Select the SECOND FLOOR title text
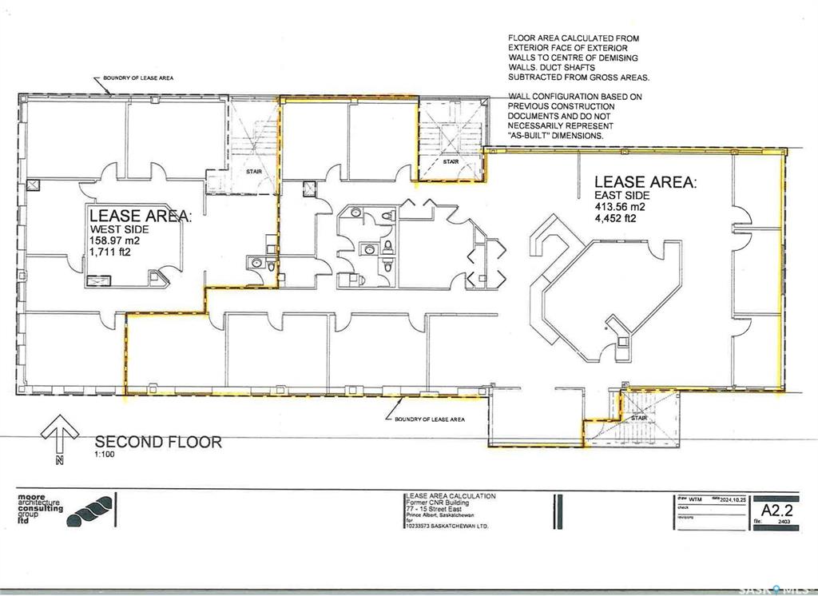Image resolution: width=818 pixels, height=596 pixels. click(x=158, y=442)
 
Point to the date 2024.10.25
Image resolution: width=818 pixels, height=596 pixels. click(x=733, y=497)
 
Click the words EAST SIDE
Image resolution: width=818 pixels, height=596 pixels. click(x=621, y=195)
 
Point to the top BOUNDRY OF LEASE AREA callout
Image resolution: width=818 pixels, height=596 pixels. click(x=137, y=78)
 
